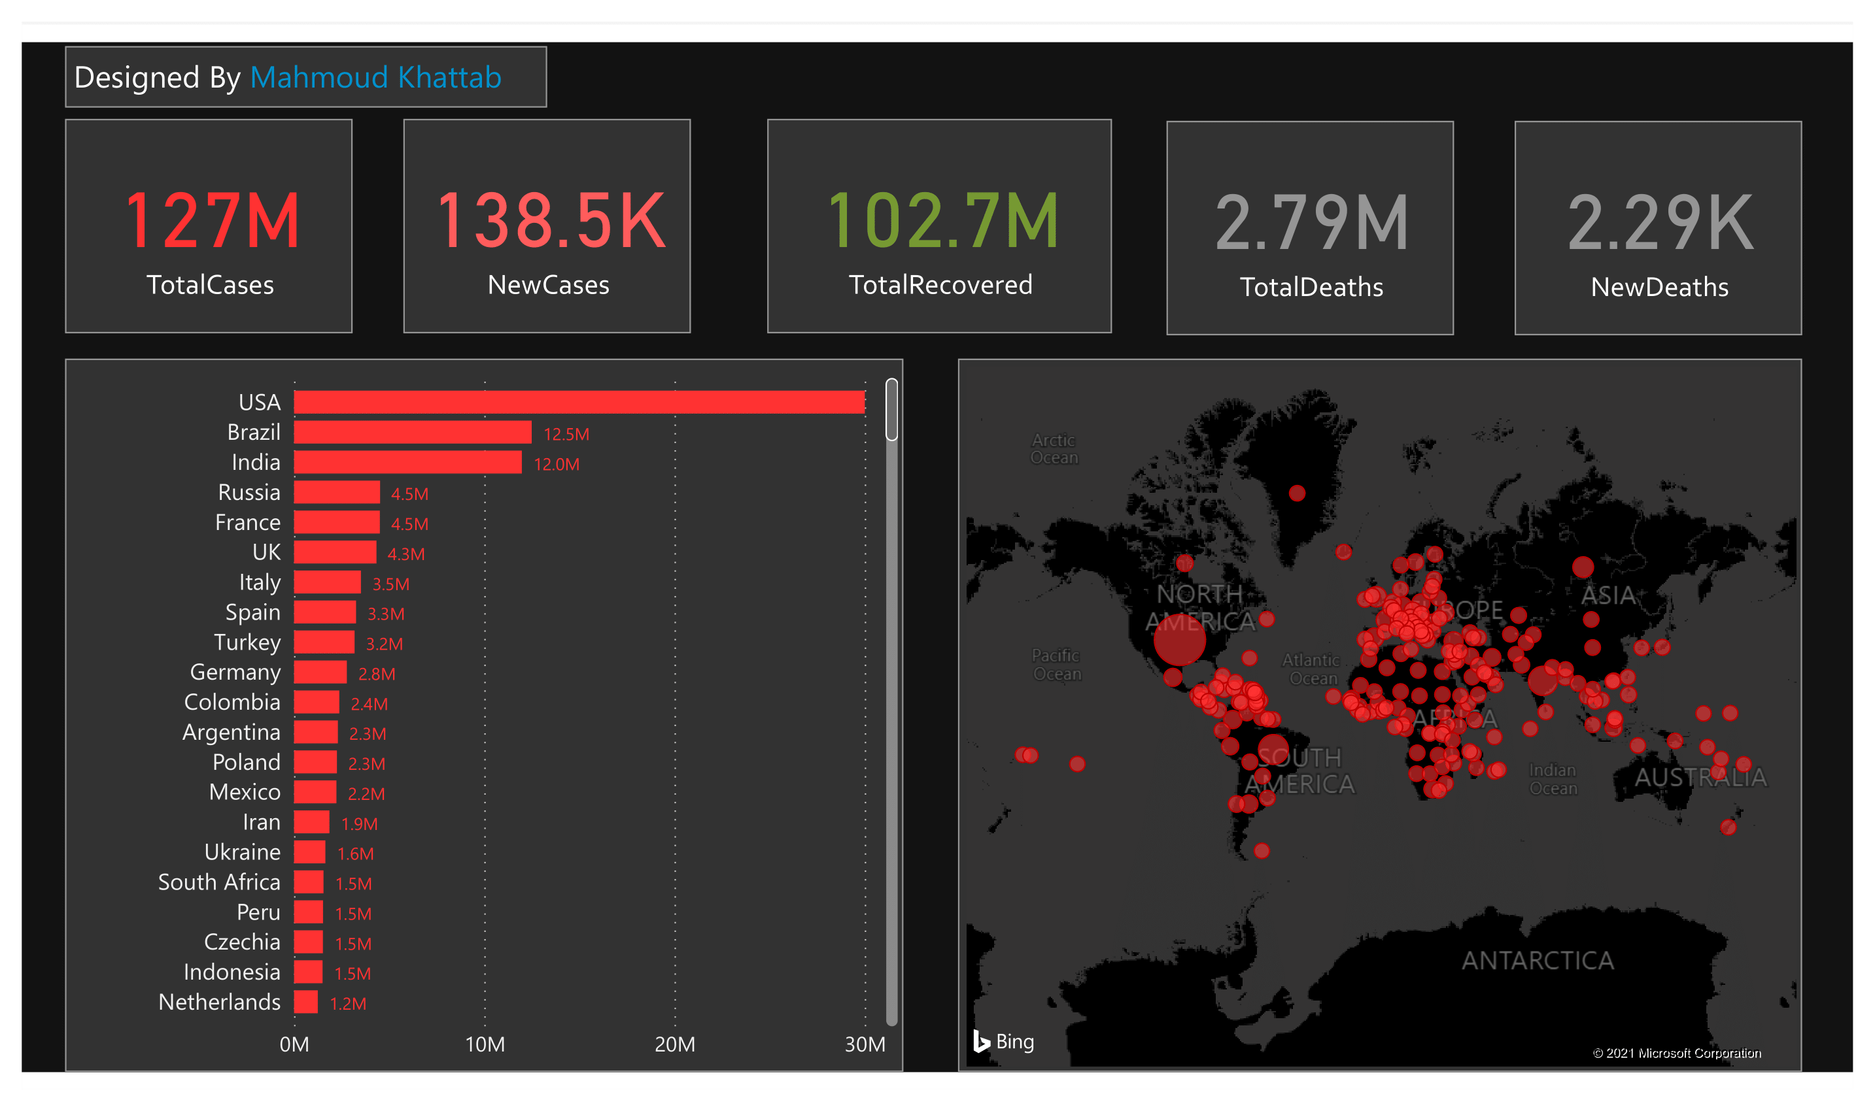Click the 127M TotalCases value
click(x=212, y=221)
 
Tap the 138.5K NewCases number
click(x=550, y=221)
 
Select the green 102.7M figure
click(x=942, y=221)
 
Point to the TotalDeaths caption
click(x=1311, y=288)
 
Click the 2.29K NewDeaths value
click(x=1660, y=223)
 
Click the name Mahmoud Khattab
click(x=375, y=78)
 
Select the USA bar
click(x=579, y=403)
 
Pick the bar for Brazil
click(x=413, y=433)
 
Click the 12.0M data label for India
click(x=556, y=464)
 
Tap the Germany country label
click(x=235, y=672)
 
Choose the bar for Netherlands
click(x=305, y=1002)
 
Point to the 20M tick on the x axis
click(x=674, y=1044)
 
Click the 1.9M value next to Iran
click(x=359, y=823)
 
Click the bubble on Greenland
click(x=1297, y=493)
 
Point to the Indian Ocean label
click(x=1552, y=780)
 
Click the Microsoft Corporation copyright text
click(x=1676, y=1053)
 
